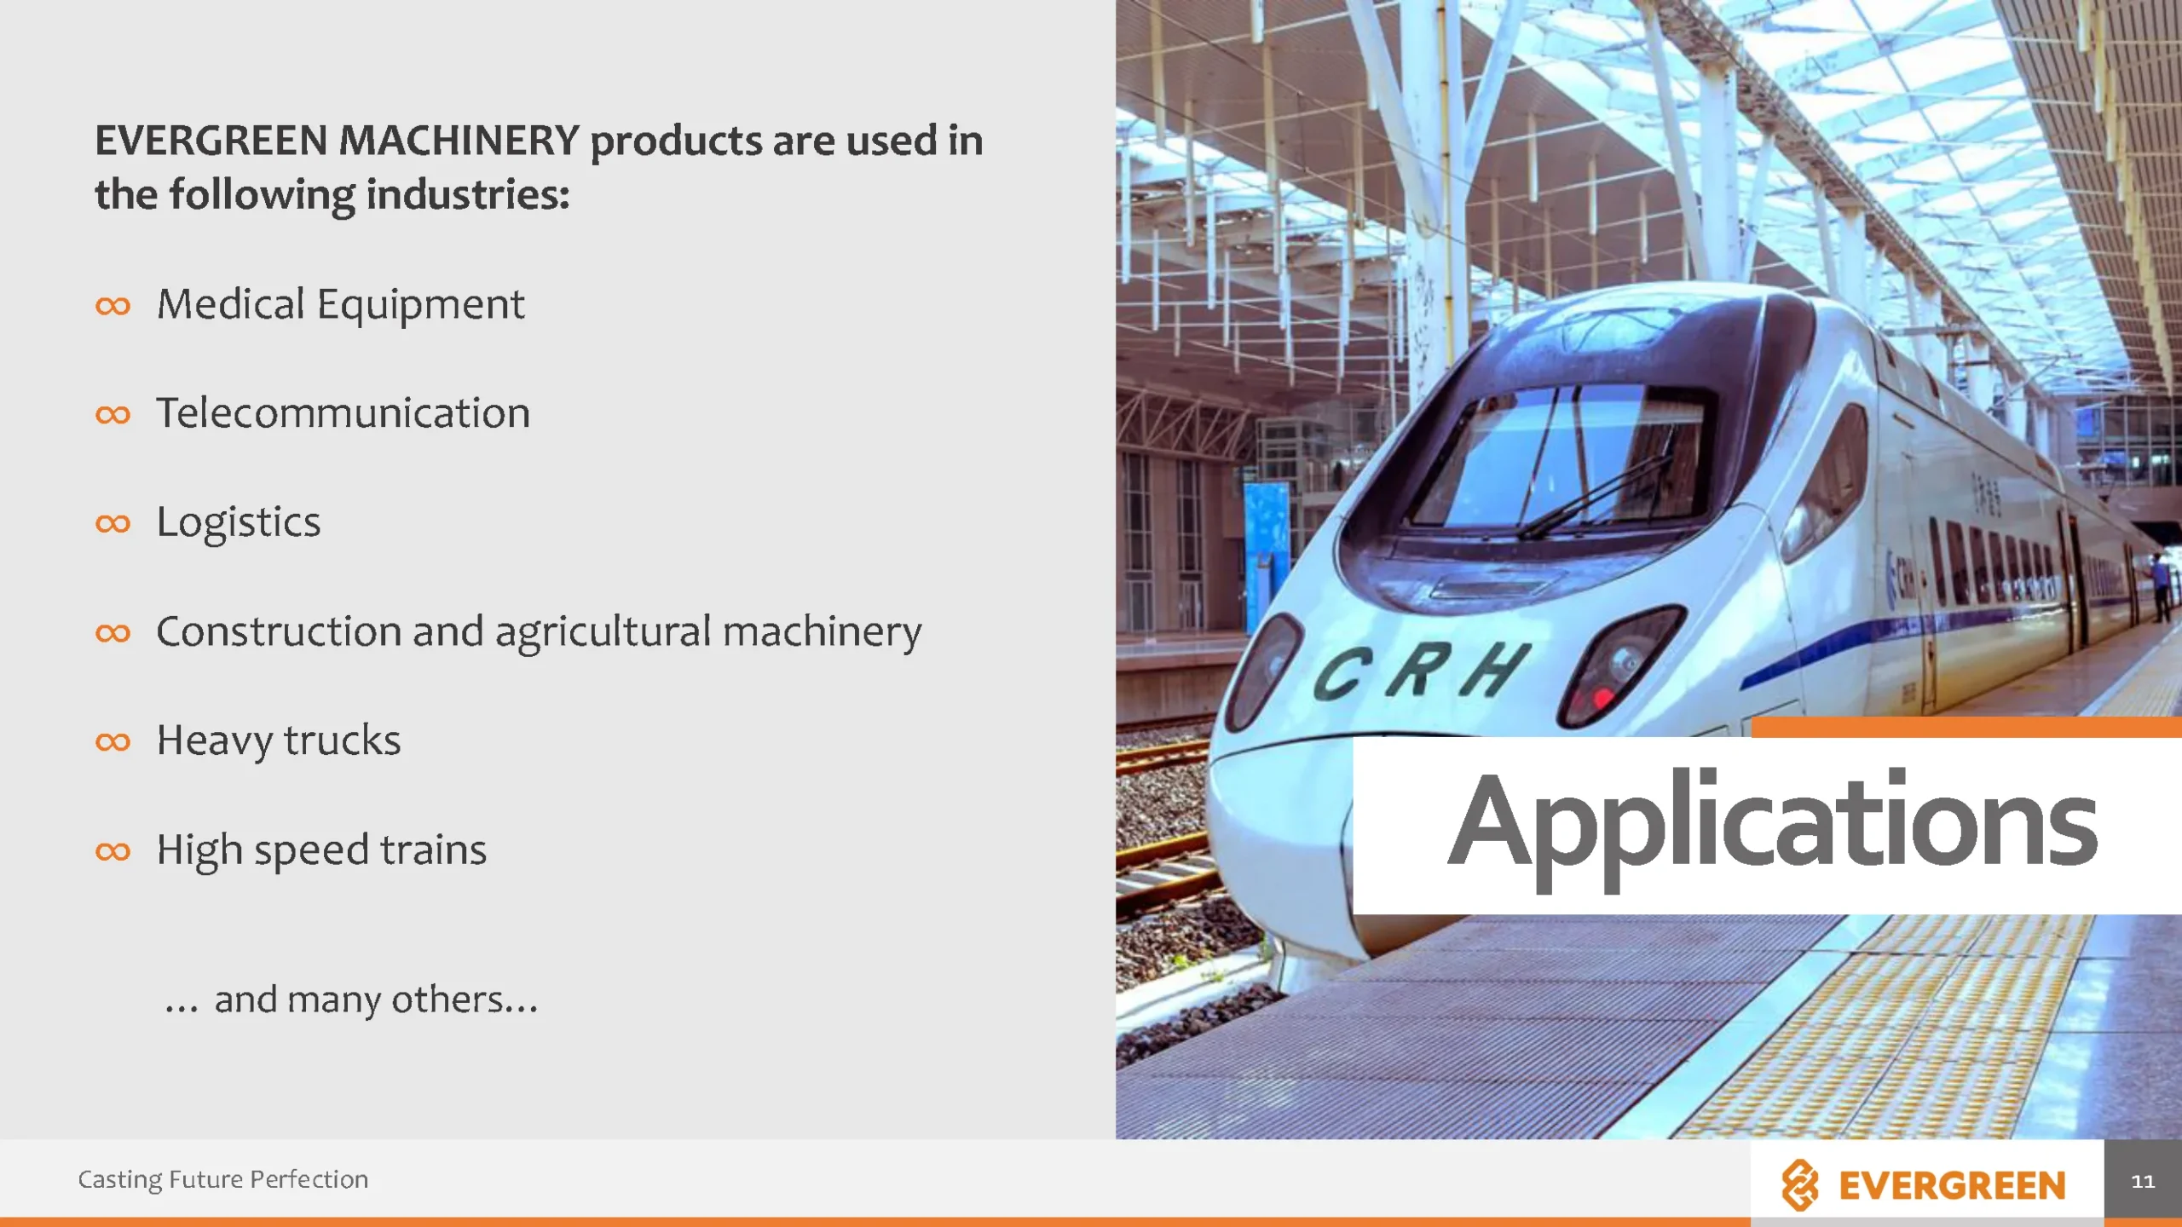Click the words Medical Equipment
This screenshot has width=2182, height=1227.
tap(341, 305)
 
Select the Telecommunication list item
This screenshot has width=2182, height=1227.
tap(343, 413)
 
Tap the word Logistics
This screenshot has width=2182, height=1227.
tap(239, 523)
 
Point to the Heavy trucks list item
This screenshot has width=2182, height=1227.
tap(279, 740)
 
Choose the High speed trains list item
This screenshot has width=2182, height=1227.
tap(321, 850)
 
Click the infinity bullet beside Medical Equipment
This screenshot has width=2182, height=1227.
tap(113, 306)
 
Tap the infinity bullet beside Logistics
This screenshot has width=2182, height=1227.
tap(113, 523)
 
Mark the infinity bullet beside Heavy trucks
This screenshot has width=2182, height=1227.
tap(113, 741)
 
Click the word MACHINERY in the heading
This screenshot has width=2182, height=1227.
tap(459, 141)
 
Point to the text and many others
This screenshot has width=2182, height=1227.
tap(351, 999)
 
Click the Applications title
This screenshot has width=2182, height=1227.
tap(1773, 827)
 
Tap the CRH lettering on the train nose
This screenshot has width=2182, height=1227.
tap(1421, 671)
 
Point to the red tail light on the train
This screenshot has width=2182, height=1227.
tap(1602, 697)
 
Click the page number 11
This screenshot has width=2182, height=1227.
tap(2143, 1181)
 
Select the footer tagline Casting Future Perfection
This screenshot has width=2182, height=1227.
tap(223, 1179)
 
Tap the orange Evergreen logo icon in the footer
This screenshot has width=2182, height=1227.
tap(1800, 1184)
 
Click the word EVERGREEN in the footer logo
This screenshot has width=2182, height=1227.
tap(1952, 1185)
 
